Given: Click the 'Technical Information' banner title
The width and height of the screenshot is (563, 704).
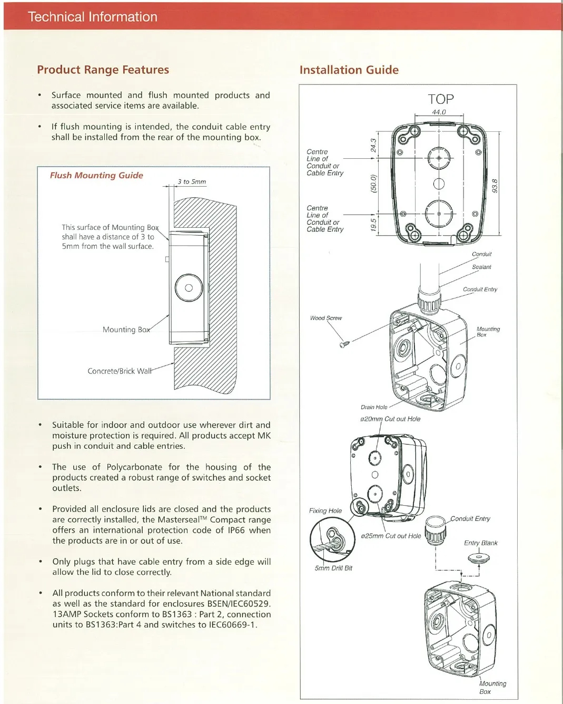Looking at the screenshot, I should coord(93,17).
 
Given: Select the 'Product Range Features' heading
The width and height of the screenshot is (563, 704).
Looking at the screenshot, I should coord(103,70).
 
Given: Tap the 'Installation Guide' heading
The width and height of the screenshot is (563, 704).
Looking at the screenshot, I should coord(349,70).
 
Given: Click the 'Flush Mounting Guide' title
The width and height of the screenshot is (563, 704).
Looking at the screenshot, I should coord(96,175).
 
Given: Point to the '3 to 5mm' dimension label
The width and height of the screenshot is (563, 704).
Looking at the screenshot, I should coord(192,181).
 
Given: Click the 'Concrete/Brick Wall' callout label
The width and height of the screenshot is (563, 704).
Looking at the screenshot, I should coord(120,371).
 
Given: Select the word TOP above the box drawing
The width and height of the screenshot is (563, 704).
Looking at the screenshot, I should coord(441,99).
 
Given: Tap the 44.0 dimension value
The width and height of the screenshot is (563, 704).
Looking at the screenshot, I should coord(439,112).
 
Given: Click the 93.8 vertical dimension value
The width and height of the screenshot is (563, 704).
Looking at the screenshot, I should coord(495,186).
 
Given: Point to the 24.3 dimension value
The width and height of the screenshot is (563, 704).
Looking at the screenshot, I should coord(373,145).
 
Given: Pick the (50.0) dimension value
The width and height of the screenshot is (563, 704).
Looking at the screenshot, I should coord(373,184).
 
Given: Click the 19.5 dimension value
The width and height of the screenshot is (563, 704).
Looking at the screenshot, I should coord(373,224).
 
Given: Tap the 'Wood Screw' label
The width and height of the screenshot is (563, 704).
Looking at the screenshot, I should coord(325,318).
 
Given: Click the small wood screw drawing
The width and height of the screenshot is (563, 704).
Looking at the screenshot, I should coord(345,344).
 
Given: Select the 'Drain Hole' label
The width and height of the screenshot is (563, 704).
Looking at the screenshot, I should coord(374,407).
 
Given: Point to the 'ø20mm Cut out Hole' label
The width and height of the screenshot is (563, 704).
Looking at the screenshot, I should coord(390,419).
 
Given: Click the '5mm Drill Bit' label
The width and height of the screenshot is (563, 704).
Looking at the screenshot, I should coord(333,568).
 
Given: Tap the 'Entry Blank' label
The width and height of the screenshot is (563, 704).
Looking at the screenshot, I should coord(480,543).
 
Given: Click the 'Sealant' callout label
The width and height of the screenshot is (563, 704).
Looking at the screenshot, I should coord(481,267).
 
